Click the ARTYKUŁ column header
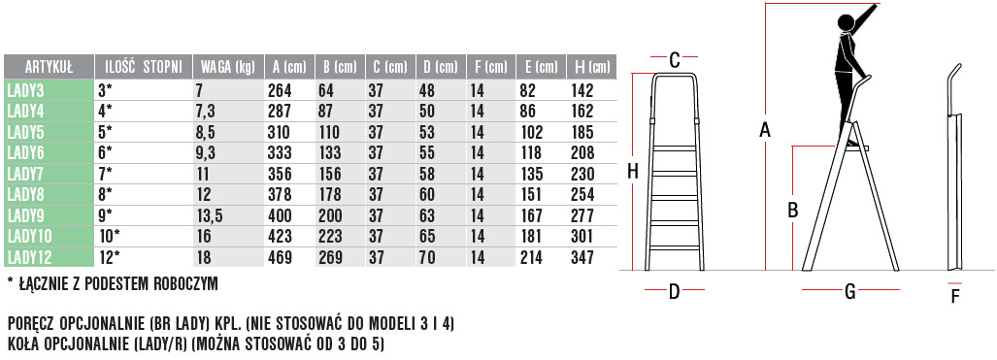point(49,67)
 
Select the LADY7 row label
point(24,174)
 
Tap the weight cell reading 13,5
point(209,215)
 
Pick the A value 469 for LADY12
point(280,257)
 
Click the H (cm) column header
point(591,67)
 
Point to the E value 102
point(532,132)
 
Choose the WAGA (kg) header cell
point(227,67)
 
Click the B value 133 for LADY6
point(329,152)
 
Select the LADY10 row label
point(28,237)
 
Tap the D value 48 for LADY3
point(427,90)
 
